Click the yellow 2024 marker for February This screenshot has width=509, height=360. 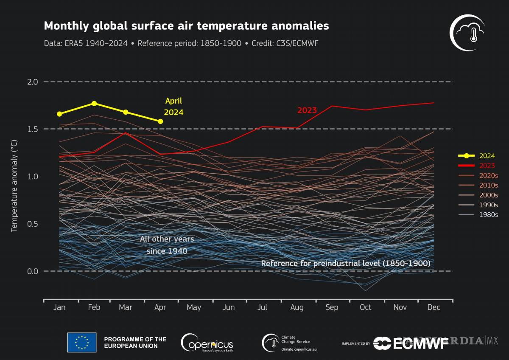94,103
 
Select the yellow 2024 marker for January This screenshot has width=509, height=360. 59,114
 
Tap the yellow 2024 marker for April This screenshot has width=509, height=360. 160,121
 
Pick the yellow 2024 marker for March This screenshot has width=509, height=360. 126,112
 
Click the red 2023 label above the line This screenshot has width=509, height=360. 307,110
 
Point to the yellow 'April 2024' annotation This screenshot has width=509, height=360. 174,107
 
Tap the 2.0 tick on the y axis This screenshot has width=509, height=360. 33,82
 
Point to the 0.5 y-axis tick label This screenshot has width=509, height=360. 33,224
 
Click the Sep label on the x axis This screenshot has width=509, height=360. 332,307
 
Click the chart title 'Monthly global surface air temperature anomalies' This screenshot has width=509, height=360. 186,26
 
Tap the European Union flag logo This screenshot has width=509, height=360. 82,342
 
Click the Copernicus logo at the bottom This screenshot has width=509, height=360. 207,342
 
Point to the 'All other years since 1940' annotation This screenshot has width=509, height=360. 167,245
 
